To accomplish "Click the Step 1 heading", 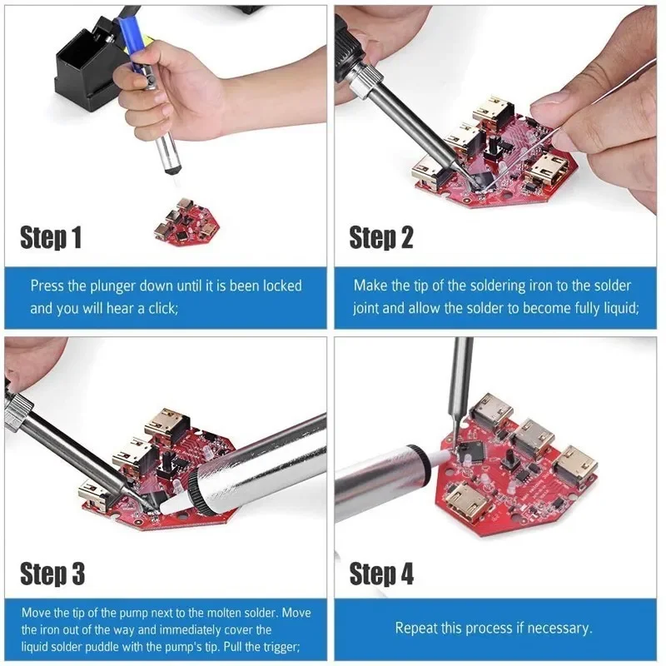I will point(51,238).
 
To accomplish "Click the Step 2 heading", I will point(380,238).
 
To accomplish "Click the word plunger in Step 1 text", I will point(106,286).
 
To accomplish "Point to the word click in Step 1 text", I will point(158,308).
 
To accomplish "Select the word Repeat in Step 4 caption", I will point(416,628).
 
